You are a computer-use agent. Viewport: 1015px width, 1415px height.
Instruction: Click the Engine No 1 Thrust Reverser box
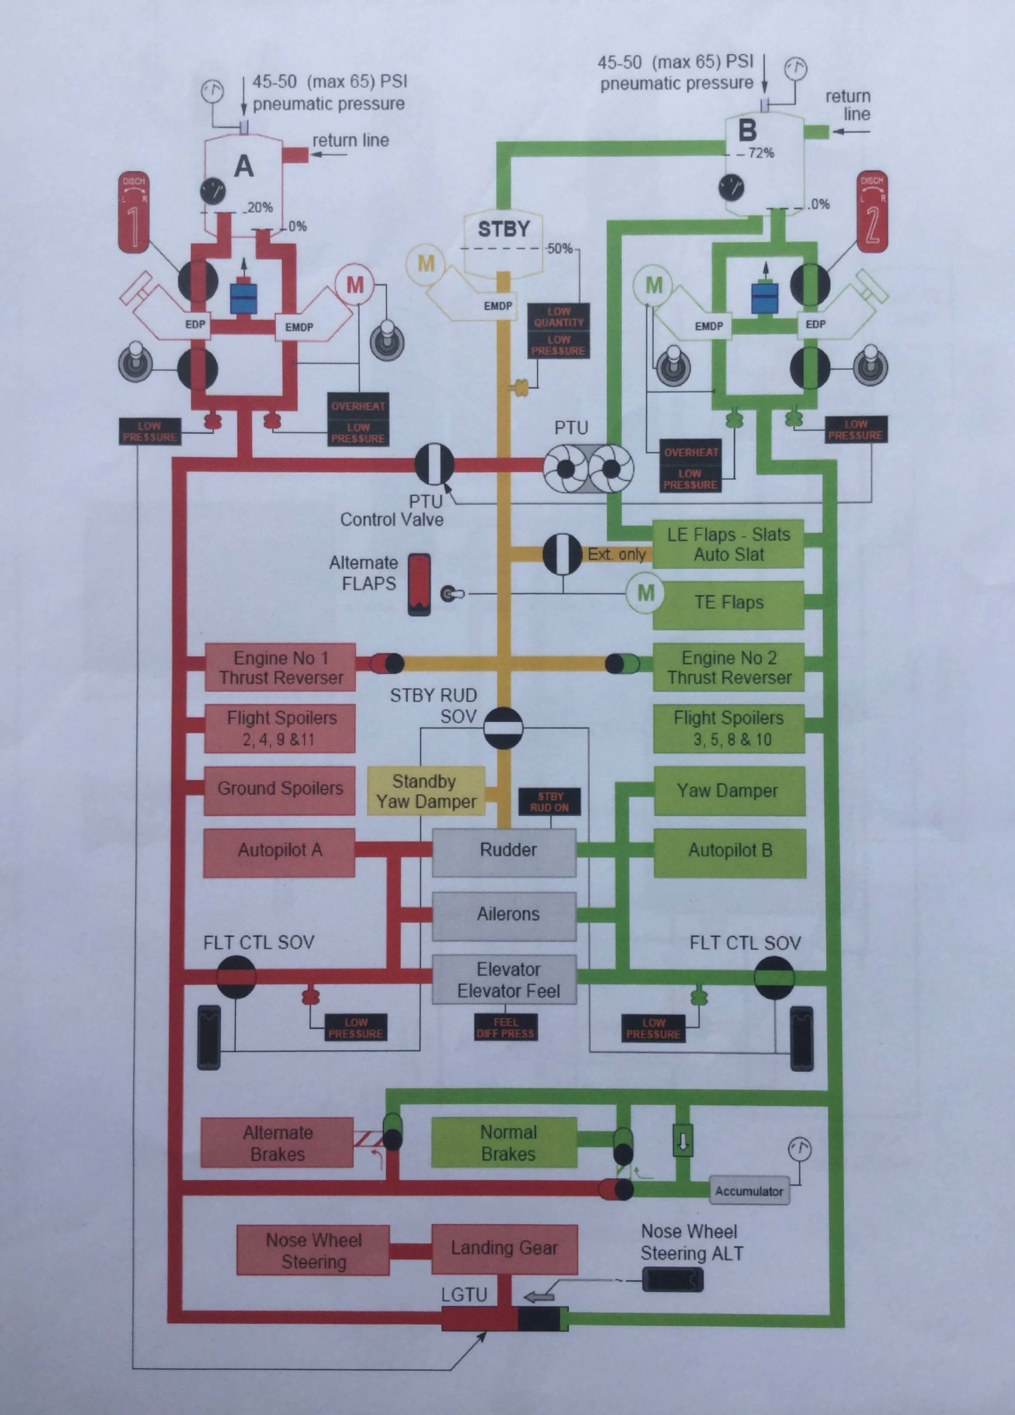[x=280, y=668]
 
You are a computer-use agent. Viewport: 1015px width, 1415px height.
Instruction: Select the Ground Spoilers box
[x=280, y=789]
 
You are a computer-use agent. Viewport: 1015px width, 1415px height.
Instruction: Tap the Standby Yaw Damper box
[x=425, y=791]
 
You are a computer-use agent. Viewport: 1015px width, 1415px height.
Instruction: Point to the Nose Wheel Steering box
[x=314, y=1250]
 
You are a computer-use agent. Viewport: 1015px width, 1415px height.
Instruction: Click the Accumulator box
[x=748, y=1191]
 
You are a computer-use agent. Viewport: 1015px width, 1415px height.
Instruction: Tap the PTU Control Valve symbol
[x=435, y=464]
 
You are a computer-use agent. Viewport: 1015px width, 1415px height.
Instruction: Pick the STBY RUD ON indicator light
[x=549, y=801]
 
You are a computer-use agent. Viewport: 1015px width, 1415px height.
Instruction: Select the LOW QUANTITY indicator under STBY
[x=559, y=317]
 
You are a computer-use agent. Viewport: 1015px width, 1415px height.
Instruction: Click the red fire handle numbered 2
[x=872, y=211]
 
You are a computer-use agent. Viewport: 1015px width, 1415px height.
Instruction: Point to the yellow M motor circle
[x=426, y=263]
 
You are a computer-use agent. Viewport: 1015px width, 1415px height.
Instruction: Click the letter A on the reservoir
[x=243, y=166]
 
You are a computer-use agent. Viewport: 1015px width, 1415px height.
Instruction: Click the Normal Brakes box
[x=504, y=1143]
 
